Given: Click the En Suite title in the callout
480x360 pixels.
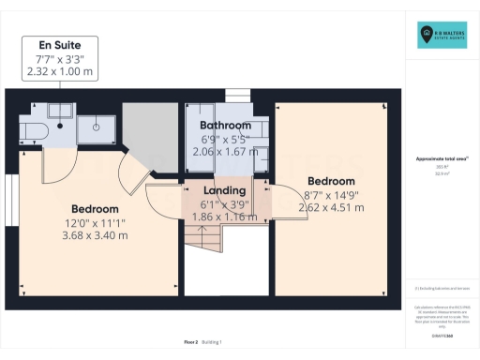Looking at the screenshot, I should click(x=59, y=44).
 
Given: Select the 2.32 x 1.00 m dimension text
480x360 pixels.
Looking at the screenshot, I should click(x=59, y=71).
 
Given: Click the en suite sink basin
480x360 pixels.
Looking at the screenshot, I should click(x=96, y=123).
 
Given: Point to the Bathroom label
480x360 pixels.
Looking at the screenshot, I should click(x=225, y=126).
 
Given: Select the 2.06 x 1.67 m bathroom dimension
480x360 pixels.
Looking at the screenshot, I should click(x=225, y=150).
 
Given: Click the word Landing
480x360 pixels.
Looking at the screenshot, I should click(x=224, y=190).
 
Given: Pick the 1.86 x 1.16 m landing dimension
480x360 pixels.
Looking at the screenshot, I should click(x=224, y=216).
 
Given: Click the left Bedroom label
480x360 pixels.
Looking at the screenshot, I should click(x=94, y=208).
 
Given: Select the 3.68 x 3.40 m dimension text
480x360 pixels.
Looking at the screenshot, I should click(x=94, y=234).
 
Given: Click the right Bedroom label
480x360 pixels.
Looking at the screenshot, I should click(x=331, y=181).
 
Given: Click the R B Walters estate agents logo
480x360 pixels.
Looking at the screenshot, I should click(x=442, y=36).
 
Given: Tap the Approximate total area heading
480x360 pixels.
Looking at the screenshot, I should click(x=442, y=158).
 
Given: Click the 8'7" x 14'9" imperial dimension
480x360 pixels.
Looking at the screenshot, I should click(x=331, y=195).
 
